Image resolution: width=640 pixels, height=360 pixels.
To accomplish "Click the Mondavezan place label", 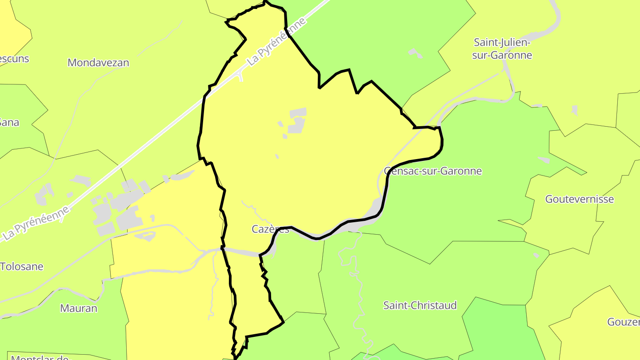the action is (98, 63).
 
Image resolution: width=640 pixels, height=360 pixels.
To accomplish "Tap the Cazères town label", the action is (270, 229).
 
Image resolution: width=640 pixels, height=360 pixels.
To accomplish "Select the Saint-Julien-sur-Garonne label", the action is (503, 49).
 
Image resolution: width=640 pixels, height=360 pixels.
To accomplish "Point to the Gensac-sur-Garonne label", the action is (433, 171).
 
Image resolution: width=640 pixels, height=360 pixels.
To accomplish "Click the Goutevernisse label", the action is (580, 199).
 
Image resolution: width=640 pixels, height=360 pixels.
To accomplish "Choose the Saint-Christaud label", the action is (420, 305).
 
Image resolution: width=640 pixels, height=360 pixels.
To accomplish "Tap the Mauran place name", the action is (79, 308).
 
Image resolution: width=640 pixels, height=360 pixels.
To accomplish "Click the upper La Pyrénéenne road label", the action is (276, 43).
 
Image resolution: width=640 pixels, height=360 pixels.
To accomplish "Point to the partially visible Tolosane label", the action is (22, 267).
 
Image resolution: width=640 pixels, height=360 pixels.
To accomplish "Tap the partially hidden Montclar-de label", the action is (40, 357).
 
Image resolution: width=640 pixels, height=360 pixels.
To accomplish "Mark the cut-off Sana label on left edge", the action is (9, 122).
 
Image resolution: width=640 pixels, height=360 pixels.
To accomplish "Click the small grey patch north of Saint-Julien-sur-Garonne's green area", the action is (416, 53).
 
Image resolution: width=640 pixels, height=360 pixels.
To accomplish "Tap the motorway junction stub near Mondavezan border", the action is (240, 76).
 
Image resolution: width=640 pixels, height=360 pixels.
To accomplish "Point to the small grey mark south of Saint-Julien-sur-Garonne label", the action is (574, 110).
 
